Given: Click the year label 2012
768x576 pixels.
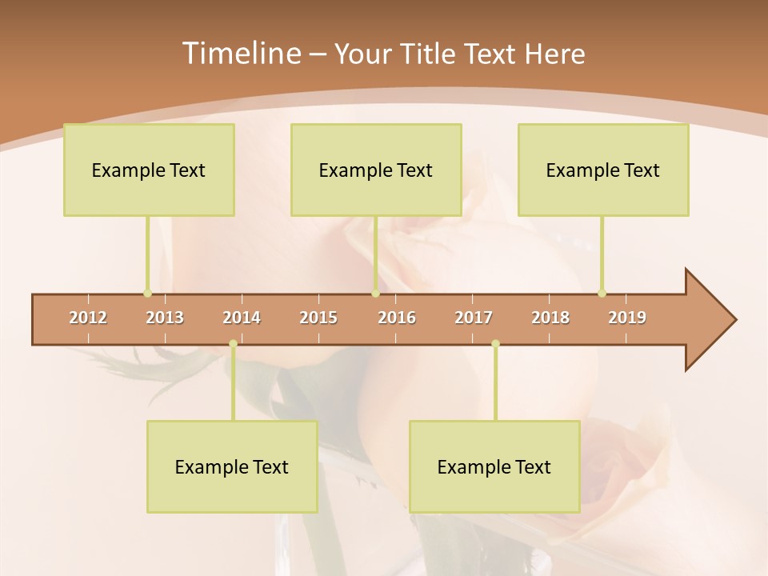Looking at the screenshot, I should (88, 318).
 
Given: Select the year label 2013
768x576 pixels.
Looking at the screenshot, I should (165, 318).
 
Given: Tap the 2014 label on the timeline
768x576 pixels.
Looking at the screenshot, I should (242, 318).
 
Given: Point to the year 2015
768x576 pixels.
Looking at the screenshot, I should (318, 318).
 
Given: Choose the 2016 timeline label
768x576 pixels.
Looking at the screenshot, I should (397, 318).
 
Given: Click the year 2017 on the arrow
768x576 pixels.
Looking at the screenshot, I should (474, 318).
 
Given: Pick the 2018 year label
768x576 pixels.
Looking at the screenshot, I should (550, 318).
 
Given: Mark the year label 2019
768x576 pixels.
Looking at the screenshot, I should (627, 318).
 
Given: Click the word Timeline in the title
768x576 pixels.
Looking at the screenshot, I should (240, 54).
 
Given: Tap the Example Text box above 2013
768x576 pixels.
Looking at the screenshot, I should (149, 170).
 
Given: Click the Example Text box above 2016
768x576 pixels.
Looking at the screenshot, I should (376, 170).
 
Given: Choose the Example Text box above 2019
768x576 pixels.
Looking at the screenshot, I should (603, 170).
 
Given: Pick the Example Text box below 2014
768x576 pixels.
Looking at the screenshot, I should (232, 466).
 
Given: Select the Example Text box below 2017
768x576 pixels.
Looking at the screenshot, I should (494, 466).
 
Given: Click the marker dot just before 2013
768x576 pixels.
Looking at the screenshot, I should (147, 294).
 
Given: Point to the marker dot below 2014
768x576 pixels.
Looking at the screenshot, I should (233, 344).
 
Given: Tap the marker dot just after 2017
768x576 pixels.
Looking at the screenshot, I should (495, 344).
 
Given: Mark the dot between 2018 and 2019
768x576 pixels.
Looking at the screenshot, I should (602, 294).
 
